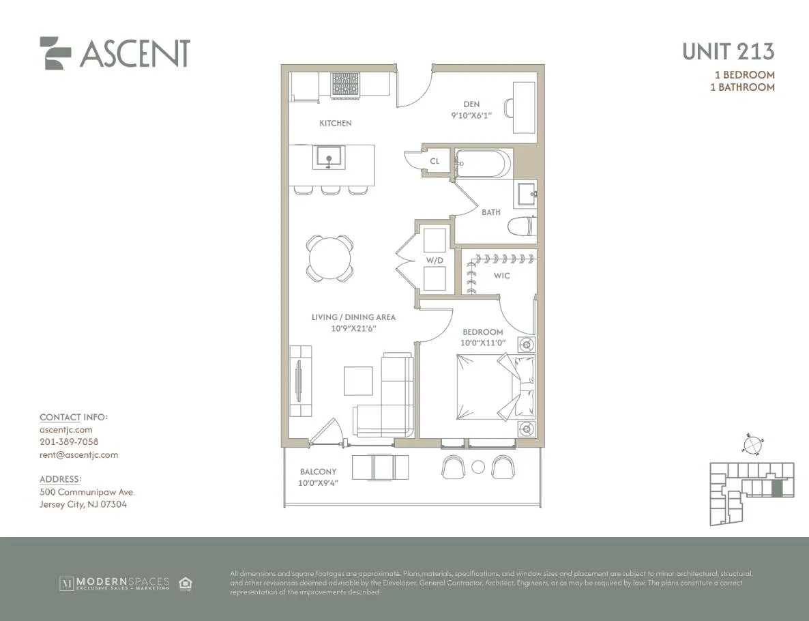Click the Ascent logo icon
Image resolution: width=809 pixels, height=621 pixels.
tap(55, 53)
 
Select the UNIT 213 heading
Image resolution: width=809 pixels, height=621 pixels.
tap(728, 51)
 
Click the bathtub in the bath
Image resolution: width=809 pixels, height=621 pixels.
tap(483, 164)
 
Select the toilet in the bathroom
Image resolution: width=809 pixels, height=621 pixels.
tap(524, 227)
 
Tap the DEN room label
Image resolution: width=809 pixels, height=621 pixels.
tap(471, 104)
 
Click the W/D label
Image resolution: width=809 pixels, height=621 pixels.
tap(435, 259)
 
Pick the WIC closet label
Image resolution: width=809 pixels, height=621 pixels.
tap(501, 276)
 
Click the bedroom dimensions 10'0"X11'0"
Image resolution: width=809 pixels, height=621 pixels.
tap(483, 343)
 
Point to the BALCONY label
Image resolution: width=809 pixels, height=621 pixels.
tap(318, 472)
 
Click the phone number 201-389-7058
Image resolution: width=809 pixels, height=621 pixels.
tap(69, 442)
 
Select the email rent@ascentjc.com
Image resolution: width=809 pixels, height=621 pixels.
tap(78, 454)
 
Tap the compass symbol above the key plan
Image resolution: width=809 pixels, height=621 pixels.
tap(752, 445)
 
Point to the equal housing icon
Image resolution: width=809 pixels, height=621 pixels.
tap(185, 583)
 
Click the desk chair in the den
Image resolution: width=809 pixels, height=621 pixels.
tap(508, 108)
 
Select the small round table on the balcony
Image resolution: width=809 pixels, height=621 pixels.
tap(478, 467)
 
